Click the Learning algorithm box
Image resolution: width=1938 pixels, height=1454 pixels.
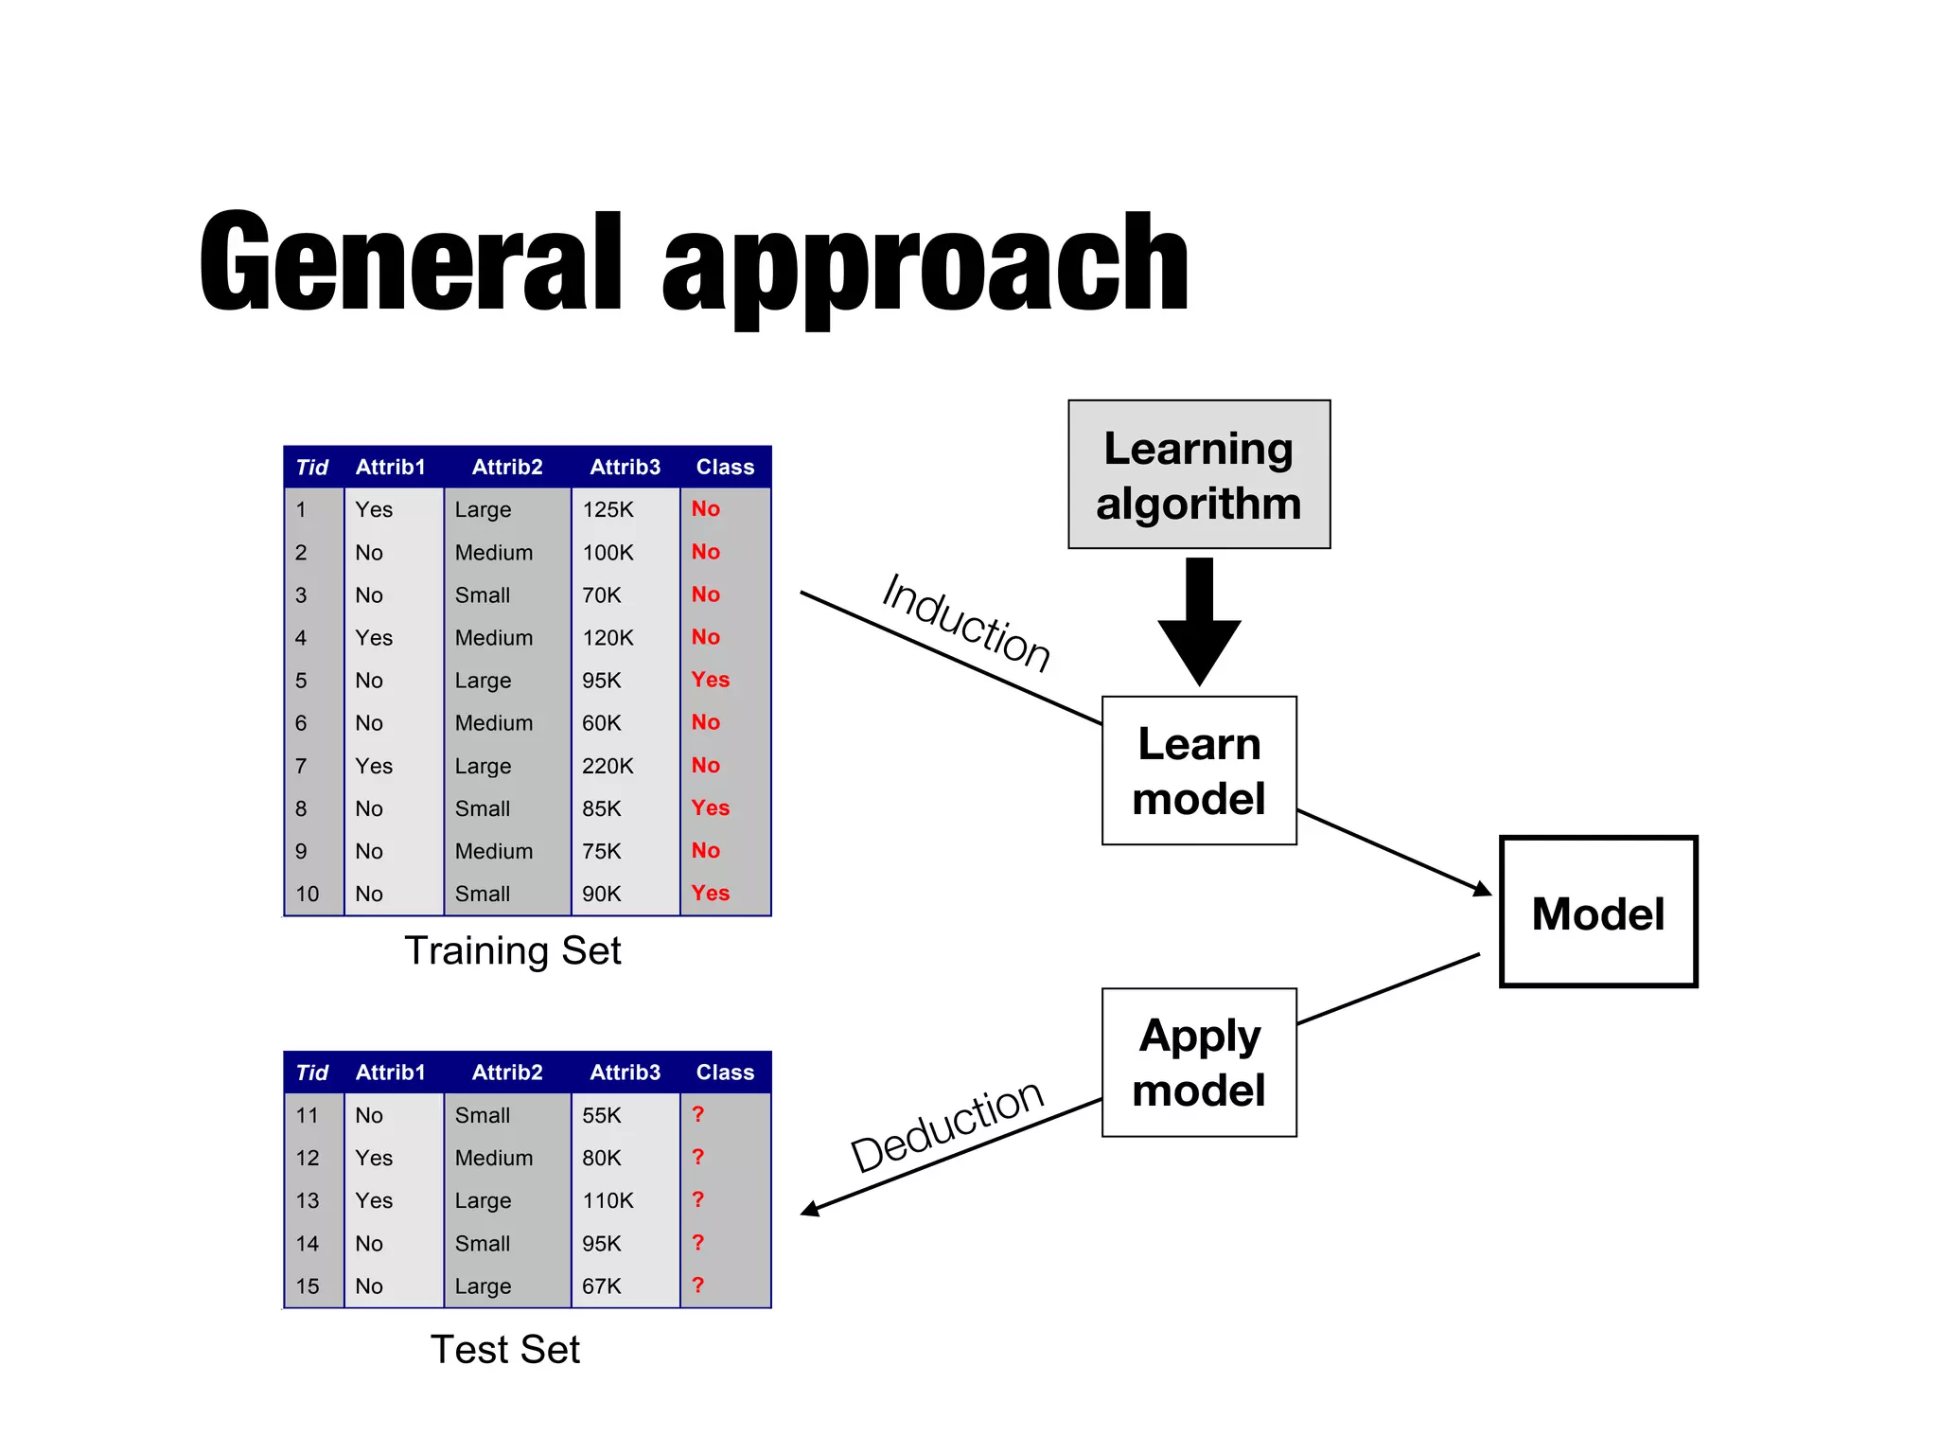(x=1198, y=474)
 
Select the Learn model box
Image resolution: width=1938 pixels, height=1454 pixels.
(x=1198, y=771)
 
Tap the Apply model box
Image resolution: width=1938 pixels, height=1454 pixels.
(x=1198, y=1062)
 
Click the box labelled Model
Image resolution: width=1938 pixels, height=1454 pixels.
(x=1597, y=913)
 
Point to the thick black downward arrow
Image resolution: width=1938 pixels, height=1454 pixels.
(x=1199, y=625)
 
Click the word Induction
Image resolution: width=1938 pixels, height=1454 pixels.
(x=965, y=623)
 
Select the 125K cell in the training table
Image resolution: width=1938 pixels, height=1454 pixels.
(x=608, y=510)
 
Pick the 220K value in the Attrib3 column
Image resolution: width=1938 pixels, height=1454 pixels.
(x=608, y=766)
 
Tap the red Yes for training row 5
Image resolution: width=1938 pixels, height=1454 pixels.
(x=710, y=680)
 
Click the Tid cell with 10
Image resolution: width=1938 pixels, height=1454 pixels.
(x=308, y=894)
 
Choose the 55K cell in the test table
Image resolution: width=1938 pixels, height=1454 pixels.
(x=602, y=1115)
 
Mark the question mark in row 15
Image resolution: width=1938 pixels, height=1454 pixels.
(x=698, y=1286)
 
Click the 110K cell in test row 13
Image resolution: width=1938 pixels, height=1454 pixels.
(x=608, y=1200)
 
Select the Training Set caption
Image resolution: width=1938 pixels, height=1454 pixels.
(x=512, y=950)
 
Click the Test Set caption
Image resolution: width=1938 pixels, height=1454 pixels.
(x=504, y=1349)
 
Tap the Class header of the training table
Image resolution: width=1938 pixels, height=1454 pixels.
(x=725, y=467)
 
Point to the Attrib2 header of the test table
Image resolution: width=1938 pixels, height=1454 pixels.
(x=507, y=1073)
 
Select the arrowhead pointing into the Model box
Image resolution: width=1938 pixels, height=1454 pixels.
(x=1482, y=888)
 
